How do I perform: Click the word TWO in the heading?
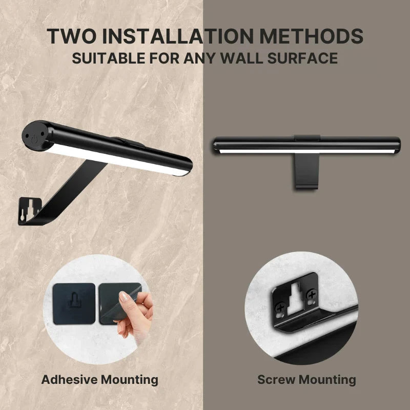point(71,36)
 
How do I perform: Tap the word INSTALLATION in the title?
point(178,36)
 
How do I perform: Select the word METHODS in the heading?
point(311,36)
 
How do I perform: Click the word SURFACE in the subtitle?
point(302,58)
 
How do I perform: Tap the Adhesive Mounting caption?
point(99,380)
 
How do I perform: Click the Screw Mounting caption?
point(306,380)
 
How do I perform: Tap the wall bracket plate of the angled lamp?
point(29,211)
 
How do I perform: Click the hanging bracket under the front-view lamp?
point(306,171)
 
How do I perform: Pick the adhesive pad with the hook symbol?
point(74,304)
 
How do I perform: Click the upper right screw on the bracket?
point(312,295)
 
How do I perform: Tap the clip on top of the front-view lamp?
point(307,138)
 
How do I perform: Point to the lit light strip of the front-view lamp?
point(306,151)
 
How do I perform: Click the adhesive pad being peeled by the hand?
point(118,303)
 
